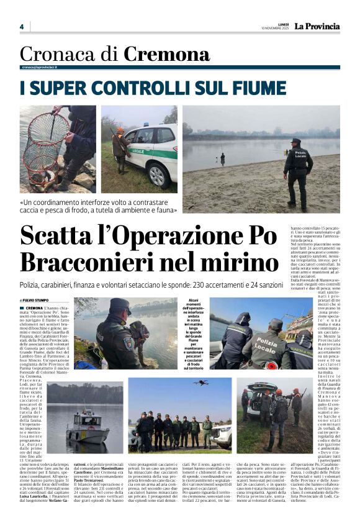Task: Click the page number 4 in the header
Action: (x=21, y=27)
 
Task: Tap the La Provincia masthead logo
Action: (x=317, y=27)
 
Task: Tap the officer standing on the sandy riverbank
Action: (x=298, y=171)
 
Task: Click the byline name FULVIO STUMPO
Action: (x=37, y=301)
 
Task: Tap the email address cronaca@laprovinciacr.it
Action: (x=40, y=67)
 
